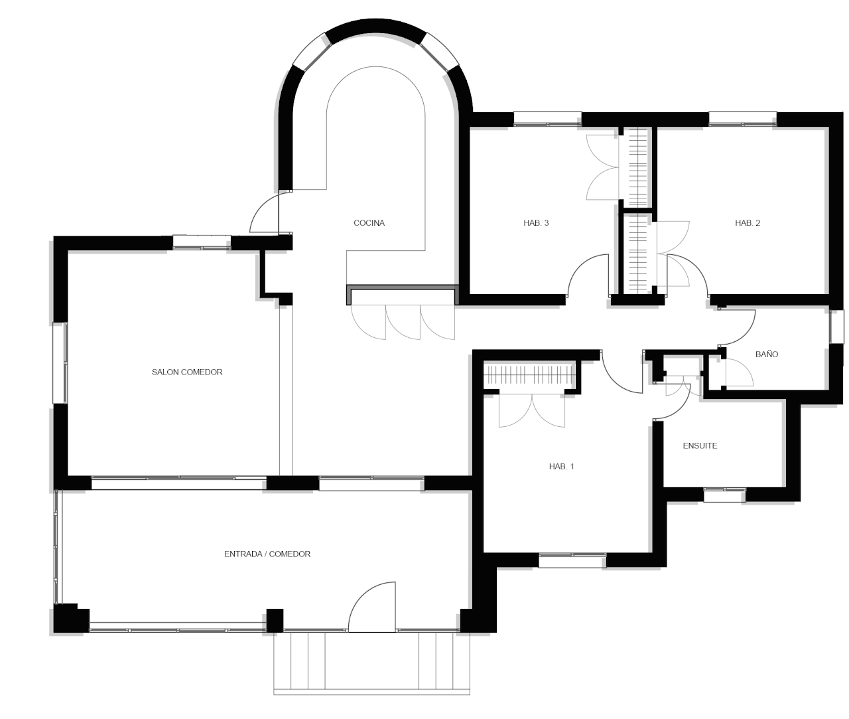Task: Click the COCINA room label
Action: [x=369, y=223]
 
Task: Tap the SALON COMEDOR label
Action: [x=187, y=372]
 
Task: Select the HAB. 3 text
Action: [x=536, y=223]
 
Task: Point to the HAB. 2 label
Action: [x=748, y=223]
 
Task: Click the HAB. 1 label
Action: [x=562, y=466]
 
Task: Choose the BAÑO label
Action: [x=767, y=354]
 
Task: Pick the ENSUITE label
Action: [x=700, y=445]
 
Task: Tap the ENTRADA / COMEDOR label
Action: [x=267, y=554]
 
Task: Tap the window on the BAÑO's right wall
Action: [x=836, y=327]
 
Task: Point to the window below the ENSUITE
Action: [x=724, y=495]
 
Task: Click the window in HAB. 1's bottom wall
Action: [x=572, y=560]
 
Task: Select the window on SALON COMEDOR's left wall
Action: [x=60, y=363]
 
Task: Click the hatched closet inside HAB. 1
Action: [x=529, y=375]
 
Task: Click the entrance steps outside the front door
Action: [x=371, y=663]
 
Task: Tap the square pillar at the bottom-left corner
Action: [x=71, y=617]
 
